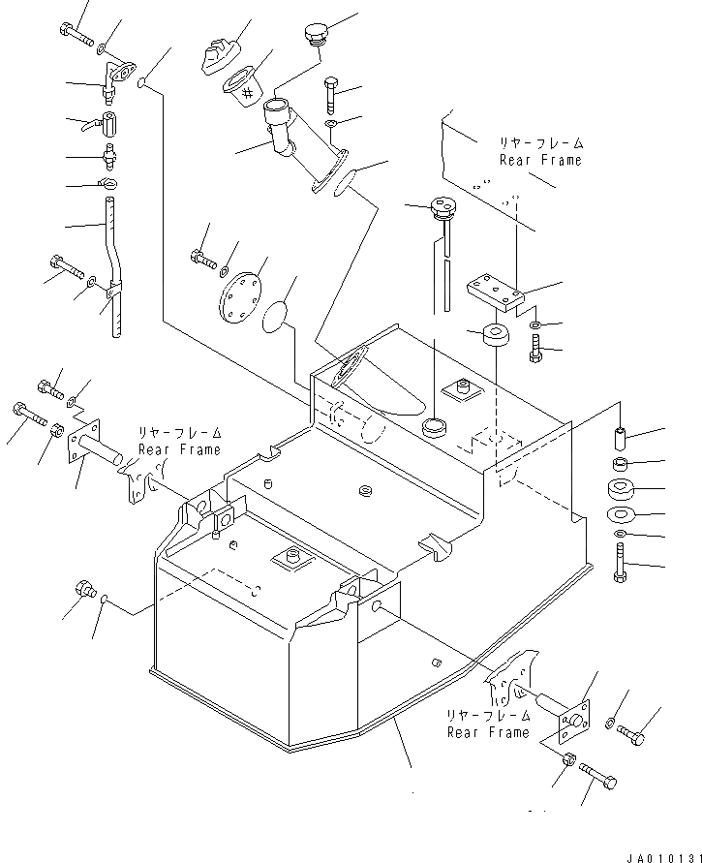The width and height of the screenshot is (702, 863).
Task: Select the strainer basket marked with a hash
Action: click(x=244, y=88)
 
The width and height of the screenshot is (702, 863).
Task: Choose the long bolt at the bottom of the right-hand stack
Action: click(x=620, y=563)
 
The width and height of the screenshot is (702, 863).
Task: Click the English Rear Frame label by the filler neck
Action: click(x=540, y=161)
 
